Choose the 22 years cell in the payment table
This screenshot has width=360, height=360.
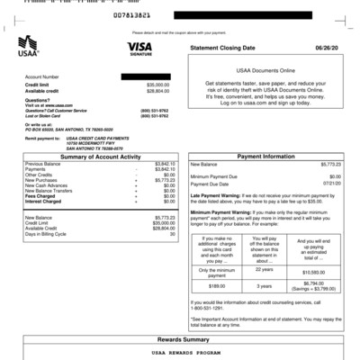click(265, 269)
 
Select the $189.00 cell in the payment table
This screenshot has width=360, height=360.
click(217, 285)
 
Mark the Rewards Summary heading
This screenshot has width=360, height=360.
click(180, 339)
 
